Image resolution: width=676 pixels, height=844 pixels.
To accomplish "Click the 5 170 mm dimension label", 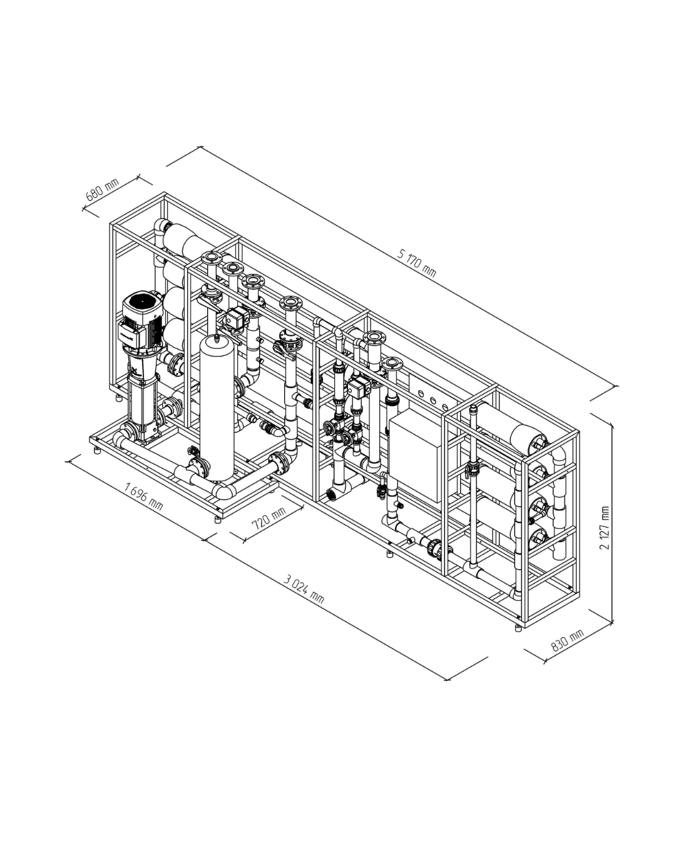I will click(417, 262).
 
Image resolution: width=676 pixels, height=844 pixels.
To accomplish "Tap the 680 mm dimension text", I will click(102, 189).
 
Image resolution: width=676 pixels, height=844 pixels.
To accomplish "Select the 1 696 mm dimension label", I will click(144, 496).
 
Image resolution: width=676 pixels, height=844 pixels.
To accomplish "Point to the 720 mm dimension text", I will click(269, 517).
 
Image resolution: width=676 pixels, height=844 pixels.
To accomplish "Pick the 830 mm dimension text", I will click(567, 641).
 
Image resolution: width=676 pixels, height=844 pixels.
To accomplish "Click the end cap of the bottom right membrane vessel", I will click(539, 536).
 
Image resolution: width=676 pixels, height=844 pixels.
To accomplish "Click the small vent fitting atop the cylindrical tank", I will click(217, 338).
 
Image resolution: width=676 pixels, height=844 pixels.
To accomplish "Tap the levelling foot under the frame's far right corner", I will click(518, 628).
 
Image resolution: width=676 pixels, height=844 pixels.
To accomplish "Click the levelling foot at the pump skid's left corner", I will click(97, 450).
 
